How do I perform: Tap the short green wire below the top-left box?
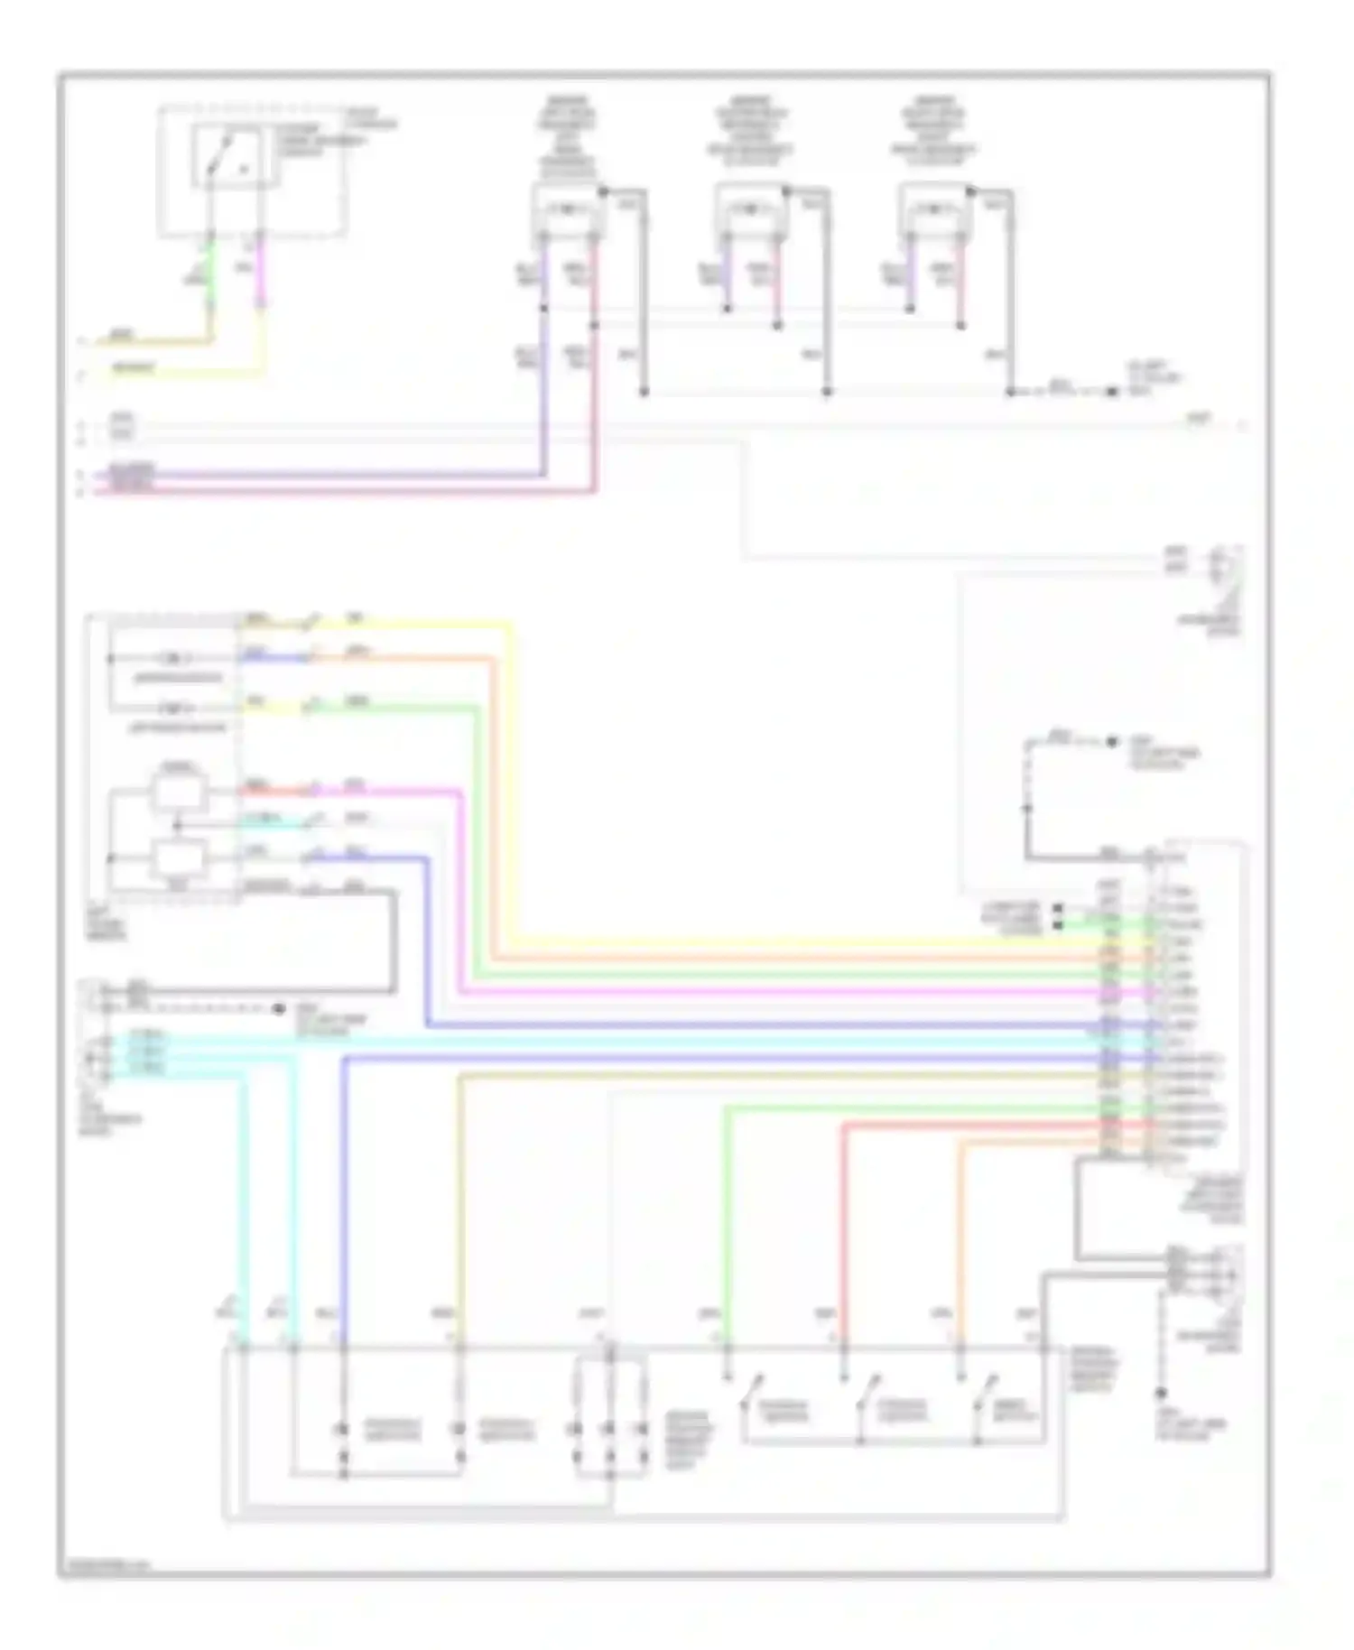pyautogui.click(x=209, y=271)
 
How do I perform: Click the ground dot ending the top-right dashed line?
pyautogui.click(x=1112, y=392)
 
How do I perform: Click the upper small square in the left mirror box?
pyautogui.click(x=178, y=793)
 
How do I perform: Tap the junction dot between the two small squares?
pyautogui.click(x=177, y=825)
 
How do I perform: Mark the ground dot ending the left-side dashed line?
pyautogui.click(x=281, y=1007)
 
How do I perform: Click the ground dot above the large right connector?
pyautogui.click(x=1112, y=742)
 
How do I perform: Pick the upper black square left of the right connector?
pyautogui.click(x=1057, y=907)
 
